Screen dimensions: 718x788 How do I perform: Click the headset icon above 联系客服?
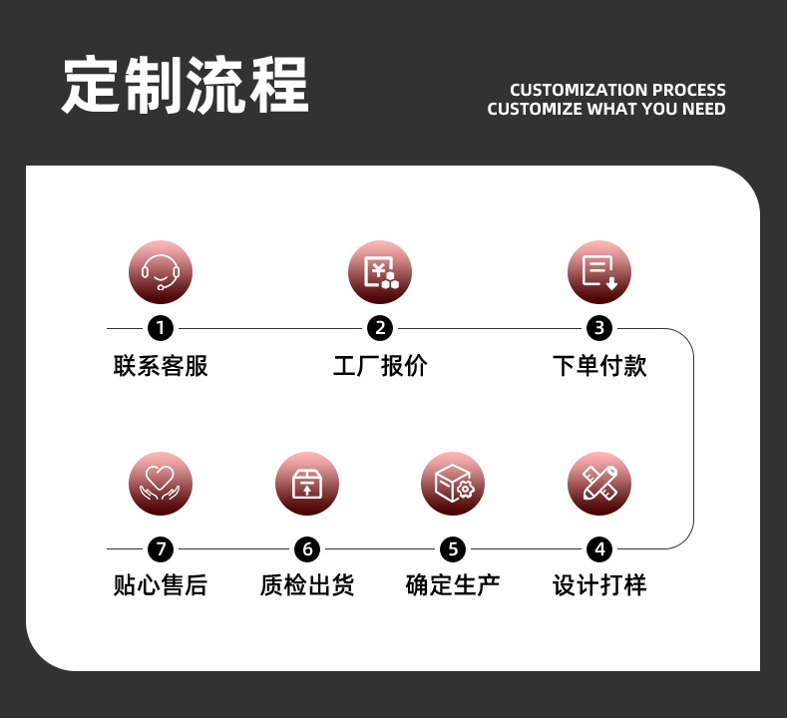161,272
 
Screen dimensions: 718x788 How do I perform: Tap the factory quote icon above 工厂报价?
380,272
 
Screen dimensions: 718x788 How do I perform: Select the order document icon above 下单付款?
599,272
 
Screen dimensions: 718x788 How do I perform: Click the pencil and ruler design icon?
599,485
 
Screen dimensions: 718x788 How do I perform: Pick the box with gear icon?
453,485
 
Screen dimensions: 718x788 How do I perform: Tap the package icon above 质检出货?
307,485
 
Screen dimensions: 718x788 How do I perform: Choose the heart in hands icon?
161,485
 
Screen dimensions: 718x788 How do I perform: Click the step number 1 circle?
161,328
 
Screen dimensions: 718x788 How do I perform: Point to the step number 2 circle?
380,328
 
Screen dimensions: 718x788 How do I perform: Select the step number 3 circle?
599,328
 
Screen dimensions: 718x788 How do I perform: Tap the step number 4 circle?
599,548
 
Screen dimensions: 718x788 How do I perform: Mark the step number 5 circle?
453,548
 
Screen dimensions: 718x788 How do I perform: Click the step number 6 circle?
307,548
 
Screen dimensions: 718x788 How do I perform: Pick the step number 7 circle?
161,548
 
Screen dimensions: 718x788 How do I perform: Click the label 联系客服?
161,366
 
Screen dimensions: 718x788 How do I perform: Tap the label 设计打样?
599,585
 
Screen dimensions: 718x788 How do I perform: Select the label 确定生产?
453,585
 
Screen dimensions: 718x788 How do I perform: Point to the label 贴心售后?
161,585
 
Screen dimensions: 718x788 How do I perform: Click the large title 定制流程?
186,86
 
